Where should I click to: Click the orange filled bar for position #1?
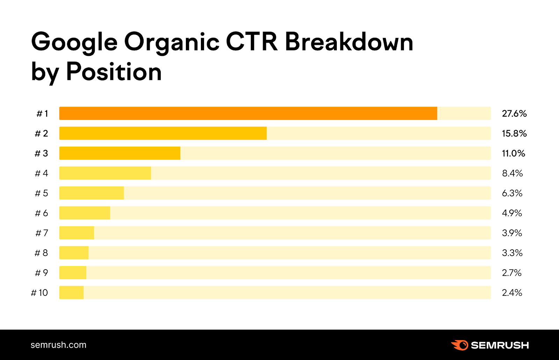[248, 113]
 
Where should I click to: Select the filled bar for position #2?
[163, 133]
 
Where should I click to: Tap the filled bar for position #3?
[120, 153]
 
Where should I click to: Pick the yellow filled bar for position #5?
[92, 193]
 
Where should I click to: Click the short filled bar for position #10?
[72, 293]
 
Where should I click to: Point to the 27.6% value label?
[514, 113]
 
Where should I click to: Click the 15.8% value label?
[514, 133]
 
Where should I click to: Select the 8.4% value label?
[512, 173]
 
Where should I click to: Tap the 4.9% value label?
[512, 213]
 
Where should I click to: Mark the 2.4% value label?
[512, 293]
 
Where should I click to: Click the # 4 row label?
[42, 173]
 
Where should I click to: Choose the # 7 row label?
[42, 233]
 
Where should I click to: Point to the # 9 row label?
[42, 273]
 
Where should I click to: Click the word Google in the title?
[74, 42]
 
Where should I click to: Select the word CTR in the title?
[252, 42]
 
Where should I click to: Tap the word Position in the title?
[114, 72]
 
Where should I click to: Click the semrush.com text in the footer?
[58, 345]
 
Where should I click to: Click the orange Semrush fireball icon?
[460, 345]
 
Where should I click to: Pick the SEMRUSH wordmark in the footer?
[500, 345]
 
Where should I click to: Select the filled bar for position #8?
[74, 253]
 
